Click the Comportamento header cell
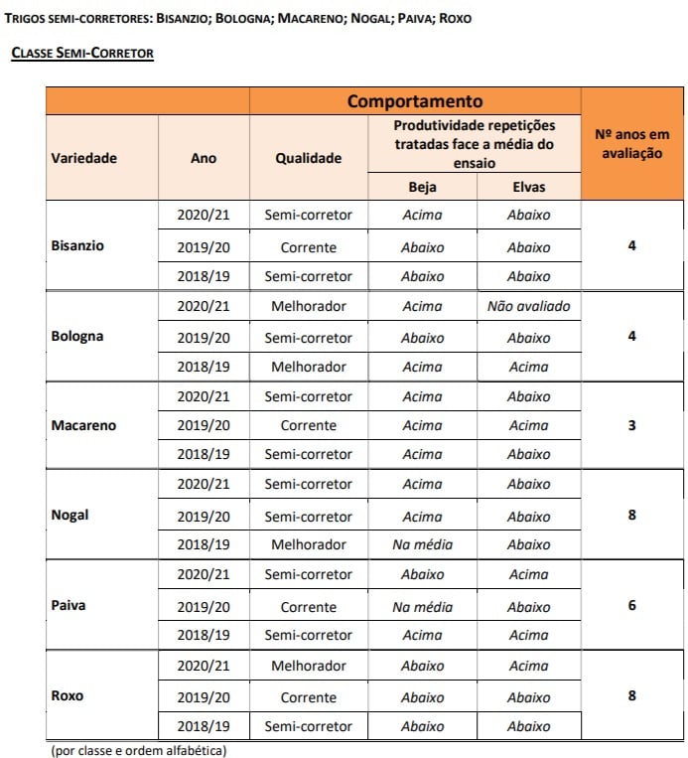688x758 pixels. [415, 101]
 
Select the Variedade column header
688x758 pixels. [84, 158]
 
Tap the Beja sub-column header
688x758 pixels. [422, 187]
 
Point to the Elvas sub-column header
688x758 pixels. [528, 187]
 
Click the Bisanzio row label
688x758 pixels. [77, 244]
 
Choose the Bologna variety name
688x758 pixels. [76, 336]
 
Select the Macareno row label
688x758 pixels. [83, 425]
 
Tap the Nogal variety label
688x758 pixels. [69, 515]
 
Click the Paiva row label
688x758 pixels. [69, 605]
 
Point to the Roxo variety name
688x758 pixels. [68, 695]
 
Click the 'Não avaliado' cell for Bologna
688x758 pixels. [528, 307]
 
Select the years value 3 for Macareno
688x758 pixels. [632, 425]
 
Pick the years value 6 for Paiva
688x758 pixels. [632, 605]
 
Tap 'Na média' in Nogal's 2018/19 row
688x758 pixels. [422, 544]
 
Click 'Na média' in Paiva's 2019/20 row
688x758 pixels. [422, 607]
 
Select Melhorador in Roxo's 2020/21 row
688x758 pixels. [309, 666]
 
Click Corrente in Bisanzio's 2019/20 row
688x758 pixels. [309, 247]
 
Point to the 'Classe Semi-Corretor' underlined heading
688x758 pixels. [82, 53]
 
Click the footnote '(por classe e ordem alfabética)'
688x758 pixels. [139, 750]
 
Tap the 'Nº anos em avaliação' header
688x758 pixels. [632, 144]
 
